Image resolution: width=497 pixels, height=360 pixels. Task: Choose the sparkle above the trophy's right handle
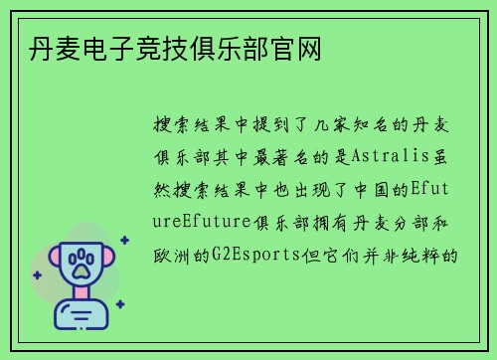(x=123, y=239)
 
